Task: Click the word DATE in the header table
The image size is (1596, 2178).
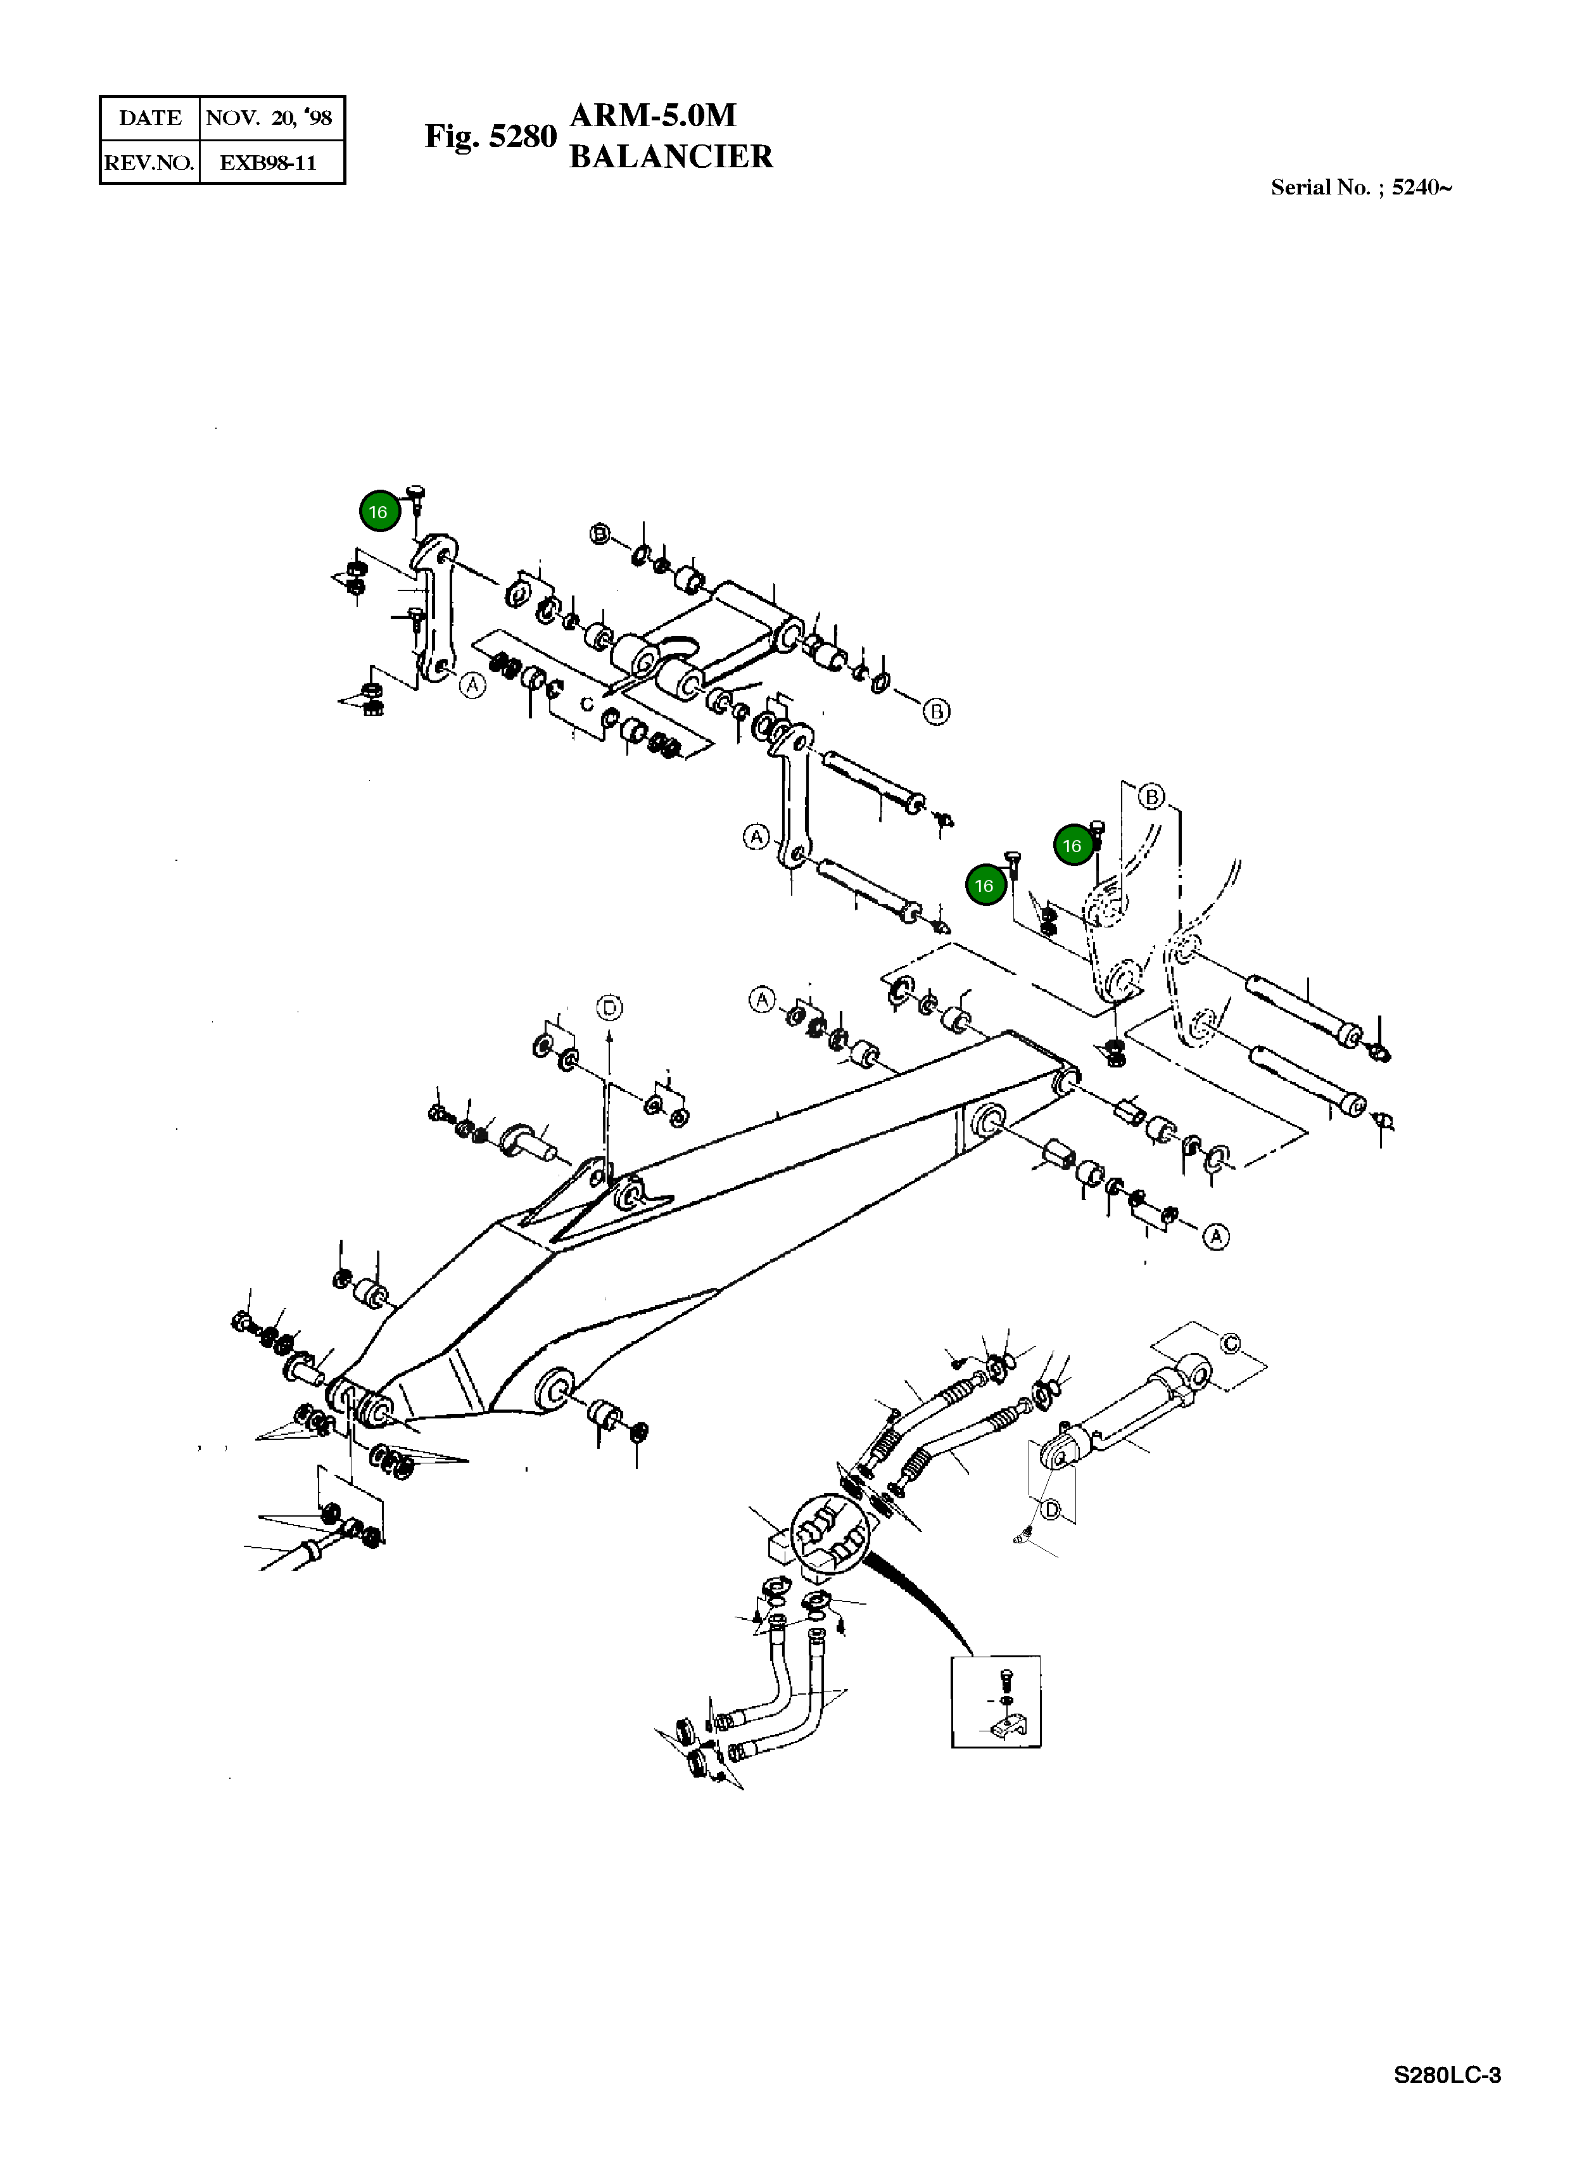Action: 149,118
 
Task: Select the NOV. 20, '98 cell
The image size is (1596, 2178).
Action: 270,118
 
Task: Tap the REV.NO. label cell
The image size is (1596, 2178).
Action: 149,162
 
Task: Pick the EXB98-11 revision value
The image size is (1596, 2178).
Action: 270,162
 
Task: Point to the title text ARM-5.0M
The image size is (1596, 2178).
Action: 653,115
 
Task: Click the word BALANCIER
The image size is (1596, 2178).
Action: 671,156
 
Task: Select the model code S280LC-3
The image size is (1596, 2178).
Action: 1447,2075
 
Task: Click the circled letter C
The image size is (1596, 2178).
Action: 1230,1343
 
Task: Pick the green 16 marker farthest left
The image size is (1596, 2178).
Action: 377,512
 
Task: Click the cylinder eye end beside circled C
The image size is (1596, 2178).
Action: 1195,1370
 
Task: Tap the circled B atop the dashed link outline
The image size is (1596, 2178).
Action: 1151,797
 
